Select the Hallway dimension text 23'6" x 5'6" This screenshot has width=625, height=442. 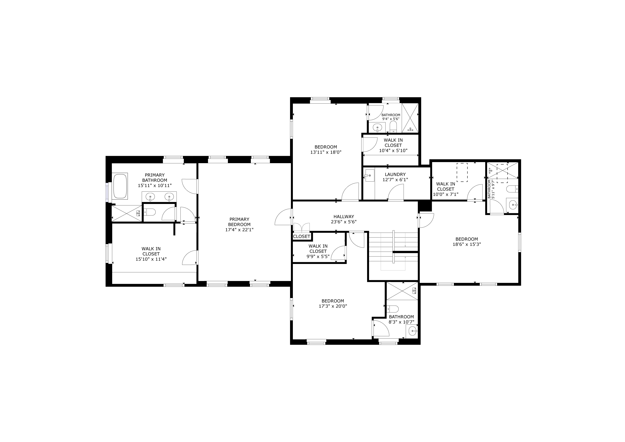click(344, 222)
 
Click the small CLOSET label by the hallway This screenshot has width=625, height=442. click(302, 237)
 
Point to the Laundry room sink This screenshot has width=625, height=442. click(369, 175)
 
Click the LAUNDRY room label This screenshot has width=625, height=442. click(395, 174)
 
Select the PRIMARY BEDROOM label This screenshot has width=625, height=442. click(239, 222)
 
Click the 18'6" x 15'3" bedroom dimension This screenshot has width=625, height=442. click(467, 244)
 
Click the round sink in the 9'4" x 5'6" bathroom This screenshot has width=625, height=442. click(377, 127)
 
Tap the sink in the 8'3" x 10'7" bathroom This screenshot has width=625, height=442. click(413, 331)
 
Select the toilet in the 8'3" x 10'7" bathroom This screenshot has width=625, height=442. click(393, 309)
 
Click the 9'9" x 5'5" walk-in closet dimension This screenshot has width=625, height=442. click(318, 256)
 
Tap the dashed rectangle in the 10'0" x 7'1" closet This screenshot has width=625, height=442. click(462, 172)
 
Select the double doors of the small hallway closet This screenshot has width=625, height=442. click(302, 227)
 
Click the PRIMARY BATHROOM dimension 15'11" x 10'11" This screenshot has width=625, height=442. click(155, 186)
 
